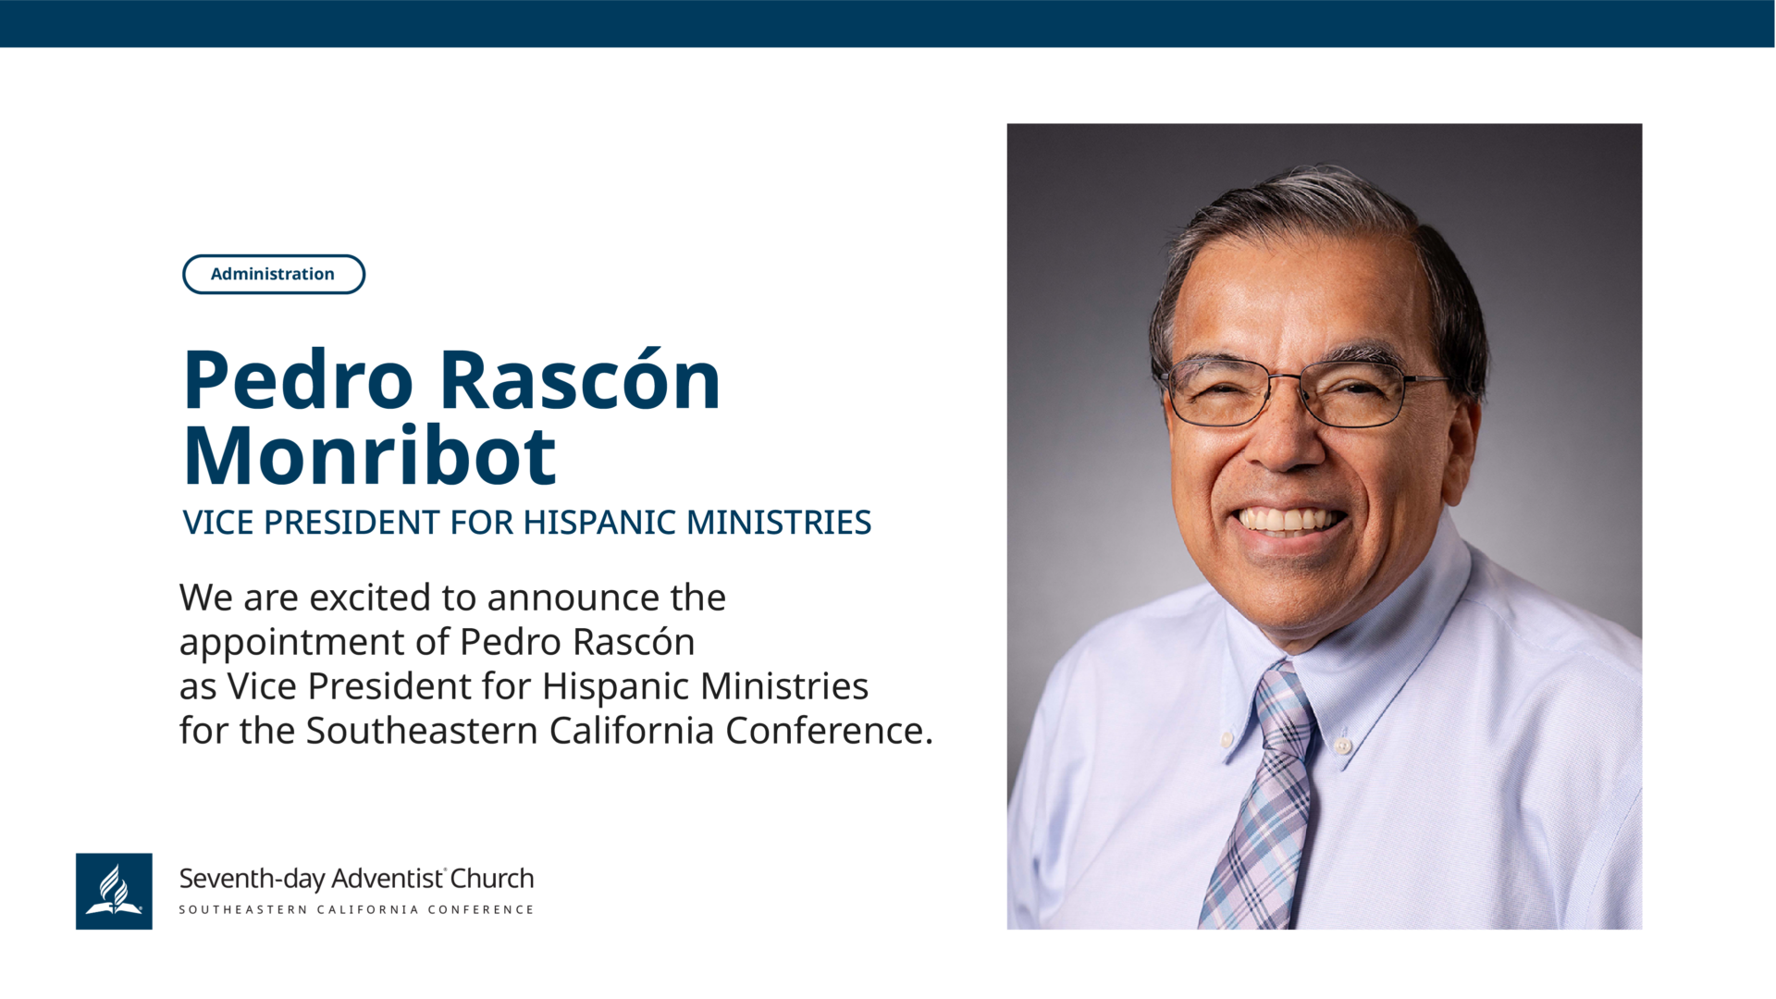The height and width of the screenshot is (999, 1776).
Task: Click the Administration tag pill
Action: click(274, 274)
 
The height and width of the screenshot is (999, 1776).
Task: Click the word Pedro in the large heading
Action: click(298, 380)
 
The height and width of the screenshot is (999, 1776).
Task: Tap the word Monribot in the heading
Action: click(370, 455)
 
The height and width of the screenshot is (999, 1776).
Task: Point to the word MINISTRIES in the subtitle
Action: click(779, 523)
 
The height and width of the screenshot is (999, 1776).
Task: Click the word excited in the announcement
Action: click(370, 598)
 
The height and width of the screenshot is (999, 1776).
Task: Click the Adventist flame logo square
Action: click(114, 891)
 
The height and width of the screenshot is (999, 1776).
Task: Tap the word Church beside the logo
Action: click(492, 878)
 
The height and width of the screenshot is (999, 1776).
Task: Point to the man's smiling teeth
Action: click(1290, 519)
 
